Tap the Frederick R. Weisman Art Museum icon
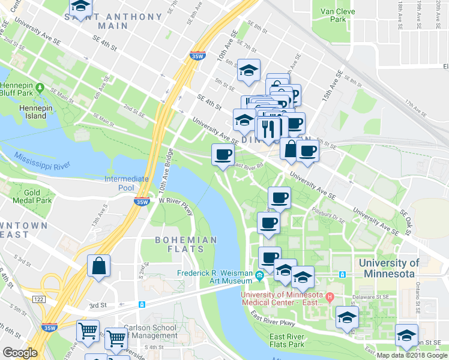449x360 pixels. point(259,276)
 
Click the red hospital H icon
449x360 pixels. point(329,296)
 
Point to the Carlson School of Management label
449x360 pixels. point(150,331)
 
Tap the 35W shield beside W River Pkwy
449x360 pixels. point(142,202)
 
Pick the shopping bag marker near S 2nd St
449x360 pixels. point(98,266)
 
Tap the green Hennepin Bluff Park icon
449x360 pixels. point(40,88)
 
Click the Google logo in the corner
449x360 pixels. point(20,353)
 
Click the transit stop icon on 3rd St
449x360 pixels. point(142,304)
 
